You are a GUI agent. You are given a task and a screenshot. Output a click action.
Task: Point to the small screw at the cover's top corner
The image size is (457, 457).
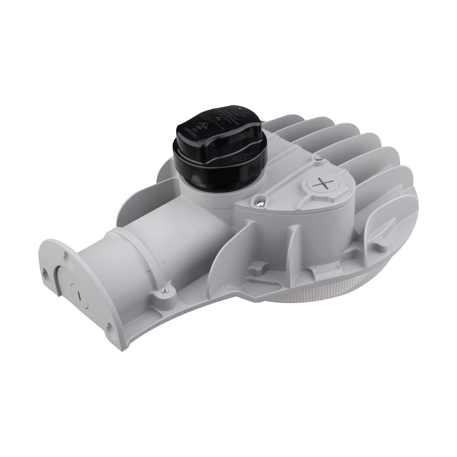[318, 158]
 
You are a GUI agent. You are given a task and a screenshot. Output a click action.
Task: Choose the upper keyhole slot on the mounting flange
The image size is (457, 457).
[68, 246]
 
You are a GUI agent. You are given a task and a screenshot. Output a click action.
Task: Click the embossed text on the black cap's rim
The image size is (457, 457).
[241, 159]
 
